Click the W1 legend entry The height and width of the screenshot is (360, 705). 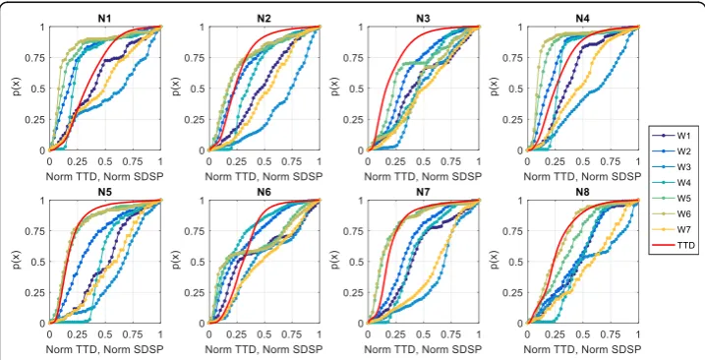point(674,136)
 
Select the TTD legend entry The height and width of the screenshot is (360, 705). point(674,245)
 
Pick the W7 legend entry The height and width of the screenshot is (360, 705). point(674,229)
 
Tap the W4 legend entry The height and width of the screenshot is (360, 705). point(674,183)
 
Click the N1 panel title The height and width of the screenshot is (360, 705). point(105,19)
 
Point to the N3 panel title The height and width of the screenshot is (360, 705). point(423,19)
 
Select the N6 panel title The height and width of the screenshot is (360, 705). point(264,192)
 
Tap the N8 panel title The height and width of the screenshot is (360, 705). point(583,192)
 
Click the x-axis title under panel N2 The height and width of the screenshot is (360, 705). point(264,176)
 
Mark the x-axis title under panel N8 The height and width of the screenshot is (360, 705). point(583,349)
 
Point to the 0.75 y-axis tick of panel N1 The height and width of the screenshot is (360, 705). point(37,58)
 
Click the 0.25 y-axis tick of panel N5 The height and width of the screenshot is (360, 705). point(37,292)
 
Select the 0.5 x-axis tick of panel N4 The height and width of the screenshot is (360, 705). point(583,162)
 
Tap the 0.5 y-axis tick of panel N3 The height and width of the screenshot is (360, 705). point(358,89)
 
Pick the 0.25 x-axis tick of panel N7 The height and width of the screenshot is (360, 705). point(395,335)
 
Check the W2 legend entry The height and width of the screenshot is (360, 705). point(674,151)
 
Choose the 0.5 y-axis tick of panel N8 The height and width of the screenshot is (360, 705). point(517,262)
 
